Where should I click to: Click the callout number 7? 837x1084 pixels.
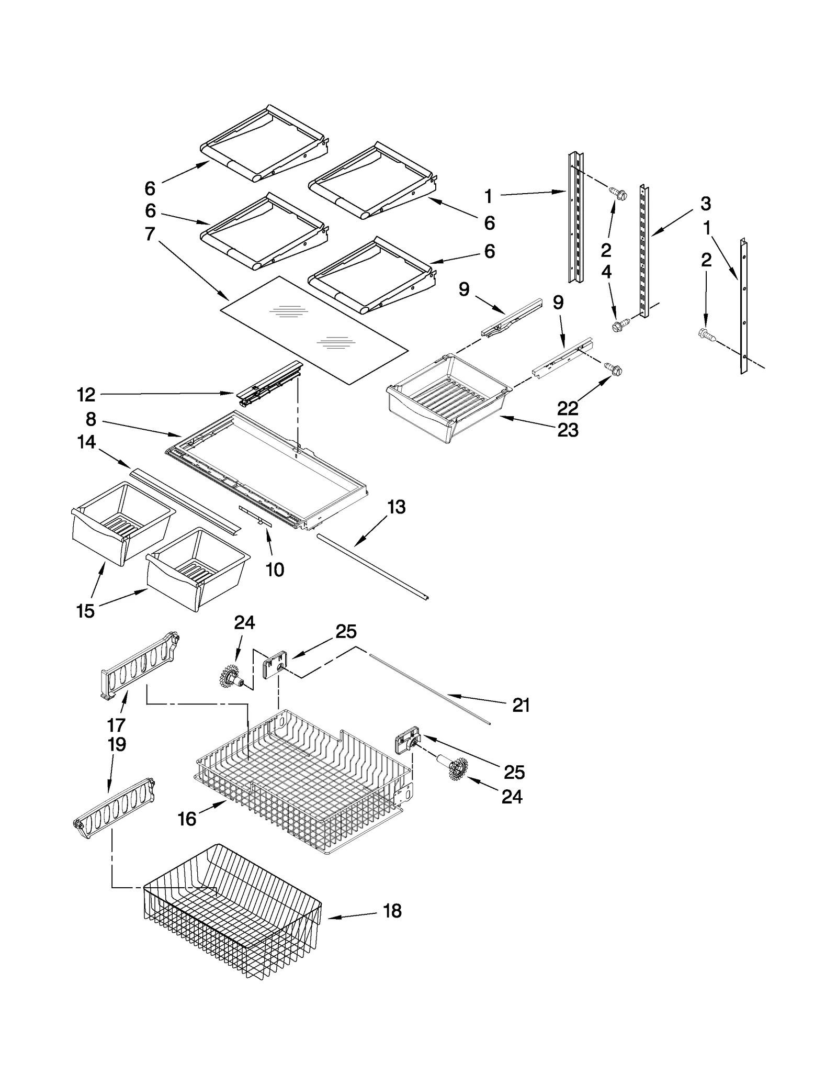150,234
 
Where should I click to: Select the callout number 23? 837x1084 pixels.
568,430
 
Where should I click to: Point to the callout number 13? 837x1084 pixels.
396,507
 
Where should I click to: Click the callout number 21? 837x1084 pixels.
521,705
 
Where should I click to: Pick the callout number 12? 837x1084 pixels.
86,395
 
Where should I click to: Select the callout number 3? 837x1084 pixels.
706,204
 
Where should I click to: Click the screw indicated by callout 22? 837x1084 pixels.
614,368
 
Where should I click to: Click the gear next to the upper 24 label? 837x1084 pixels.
230,676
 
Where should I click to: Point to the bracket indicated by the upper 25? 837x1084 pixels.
275,665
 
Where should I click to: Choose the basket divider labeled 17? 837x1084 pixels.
139,665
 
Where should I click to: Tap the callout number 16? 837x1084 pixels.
187,819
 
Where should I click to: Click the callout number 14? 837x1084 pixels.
86,442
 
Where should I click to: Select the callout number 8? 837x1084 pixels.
91,419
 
